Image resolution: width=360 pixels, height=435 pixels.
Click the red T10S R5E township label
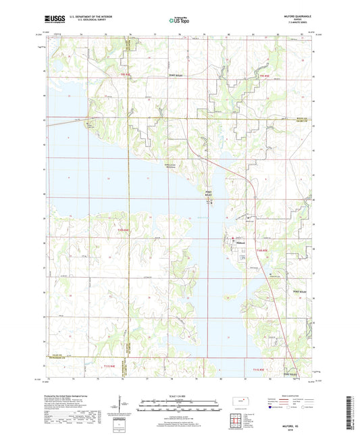(x=263, y=251)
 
